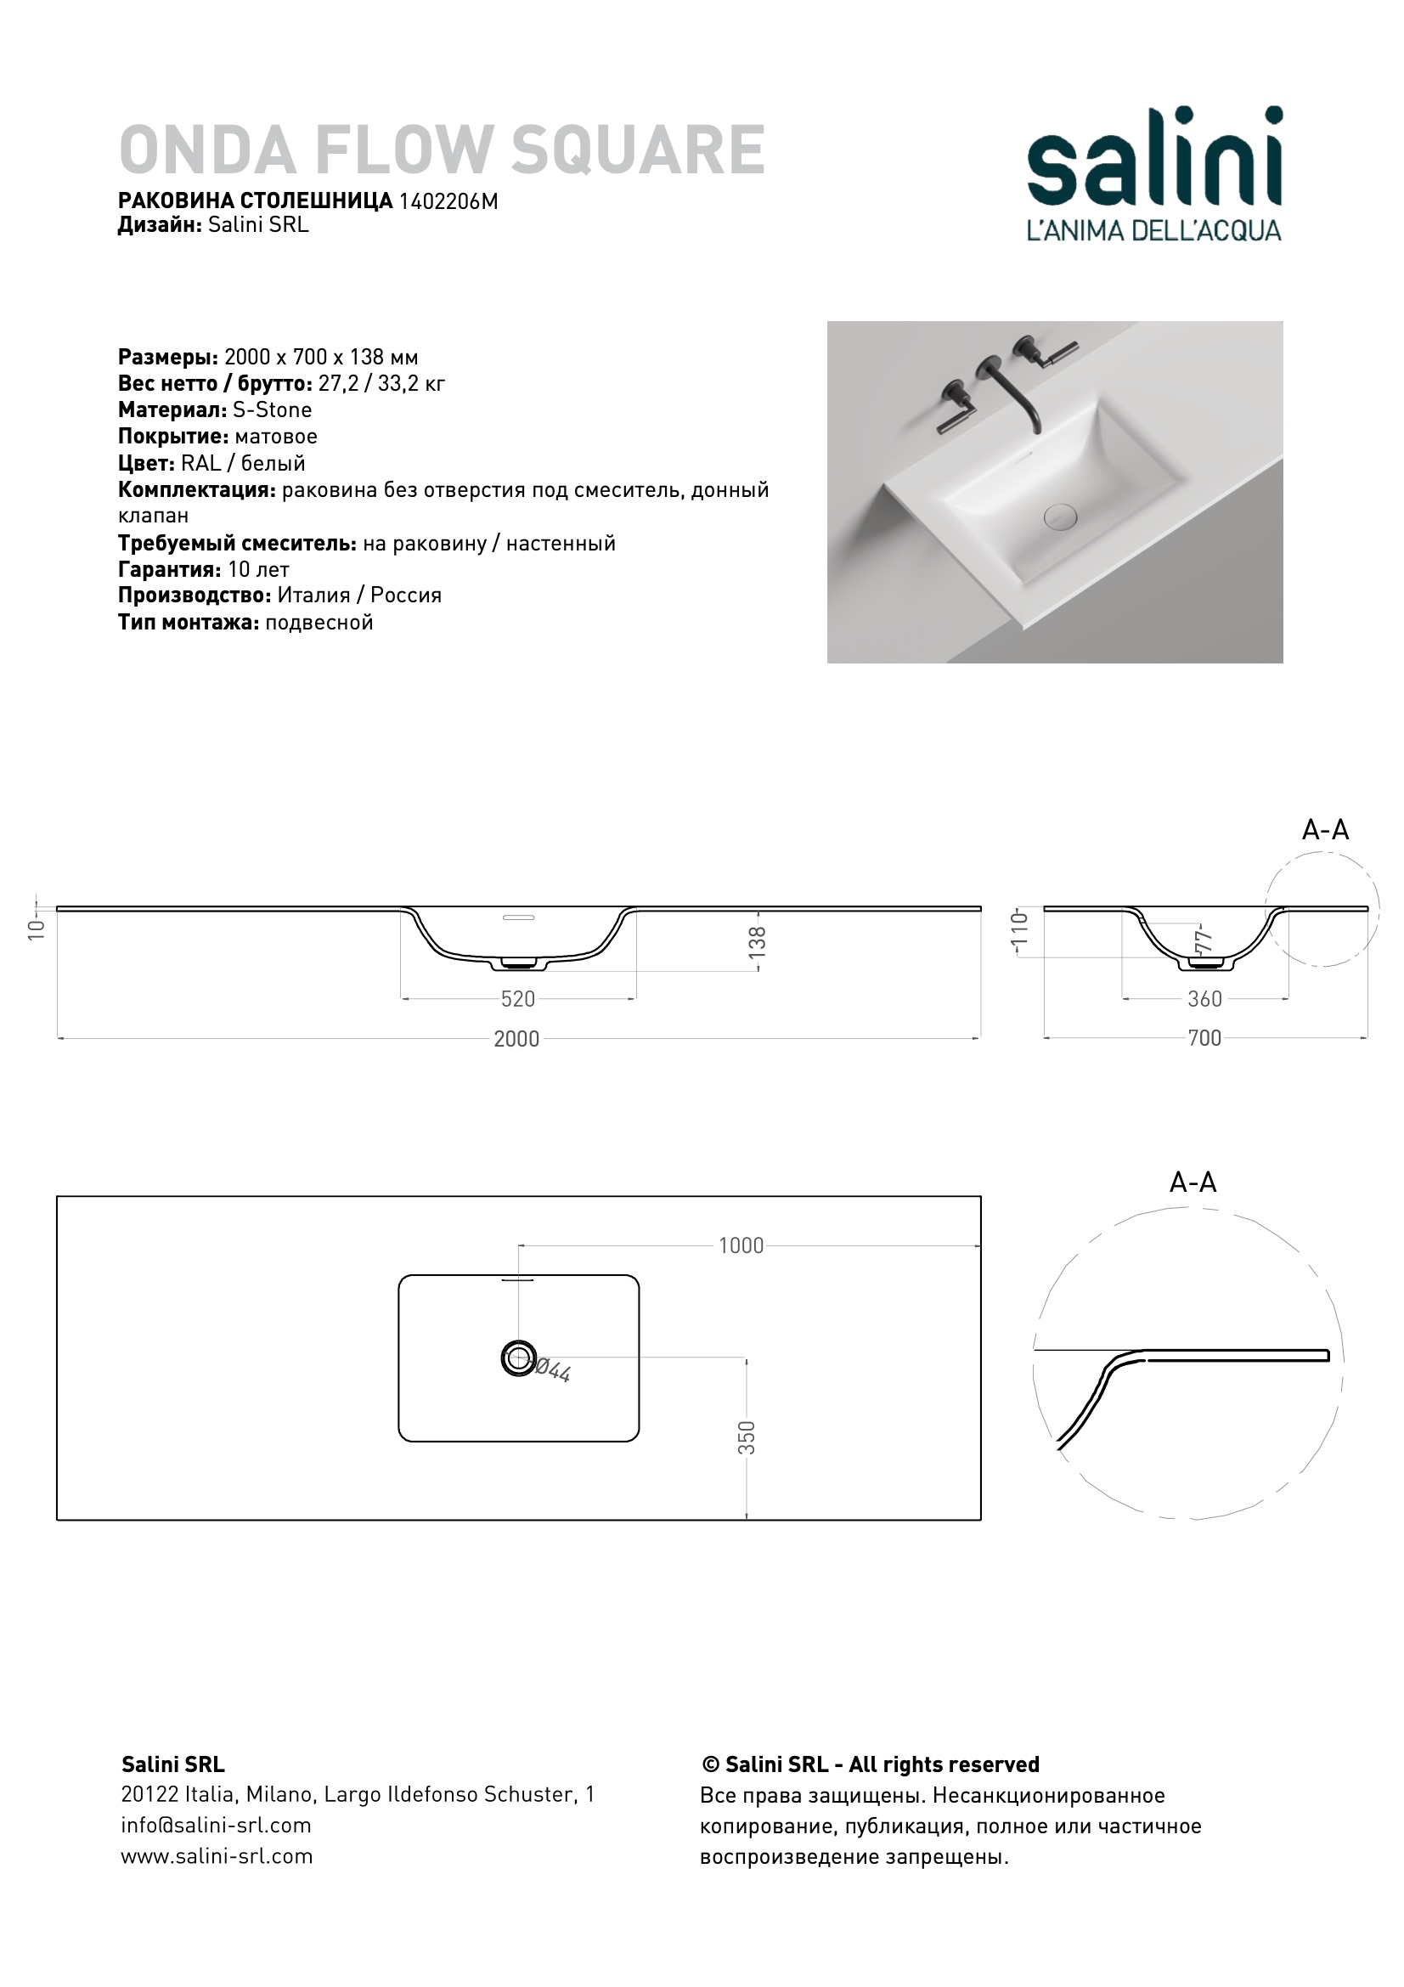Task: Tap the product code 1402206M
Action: [x=448, y=200]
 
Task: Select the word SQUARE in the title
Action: [x=638, y=150]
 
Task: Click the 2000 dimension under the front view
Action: [x=516, y=1038]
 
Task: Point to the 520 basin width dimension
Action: [x=518, y=999]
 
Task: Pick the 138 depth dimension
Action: [x=758, y=940]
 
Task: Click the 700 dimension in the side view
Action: [x=1204, y=1037]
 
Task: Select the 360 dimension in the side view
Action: [x=1204, y=999]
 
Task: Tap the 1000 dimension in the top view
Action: [x=741, y=1245]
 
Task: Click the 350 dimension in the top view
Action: [x=747, y=1437]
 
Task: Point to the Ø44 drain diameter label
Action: [x=551, y=1370]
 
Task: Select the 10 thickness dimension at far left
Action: [x=36, y=929]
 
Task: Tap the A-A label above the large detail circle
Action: [x=1193, y=1183]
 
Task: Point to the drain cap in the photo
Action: [x=1061, y=517]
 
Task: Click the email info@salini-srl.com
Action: [x=217, y=1825]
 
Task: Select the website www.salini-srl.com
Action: [x=217, y=1856]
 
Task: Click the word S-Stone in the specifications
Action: [x=273, y=409]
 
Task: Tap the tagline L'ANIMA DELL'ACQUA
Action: [x=1154, y=230]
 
